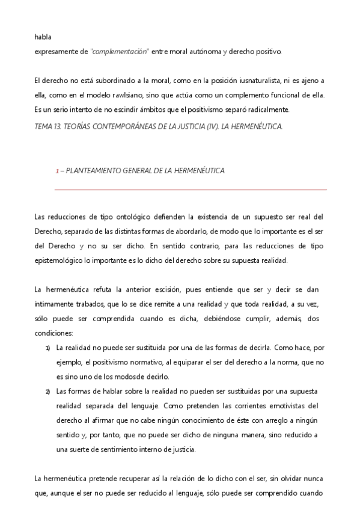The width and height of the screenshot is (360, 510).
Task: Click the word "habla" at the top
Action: tap(43, 37)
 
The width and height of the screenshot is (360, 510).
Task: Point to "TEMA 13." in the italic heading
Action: tap(50, 127)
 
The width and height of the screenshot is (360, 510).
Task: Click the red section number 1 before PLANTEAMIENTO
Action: tap(57, 171)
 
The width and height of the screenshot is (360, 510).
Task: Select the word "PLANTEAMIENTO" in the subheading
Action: tap(95, 171)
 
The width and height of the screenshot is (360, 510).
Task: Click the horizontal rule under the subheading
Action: tap(191, 190)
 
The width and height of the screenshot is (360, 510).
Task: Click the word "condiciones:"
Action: tap(53, 333)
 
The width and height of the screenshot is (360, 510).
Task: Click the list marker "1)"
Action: tap(47, 348)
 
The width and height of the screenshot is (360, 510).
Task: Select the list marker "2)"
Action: tap(47, 392)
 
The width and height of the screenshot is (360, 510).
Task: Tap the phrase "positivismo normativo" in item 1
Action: tap(120, 362)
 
